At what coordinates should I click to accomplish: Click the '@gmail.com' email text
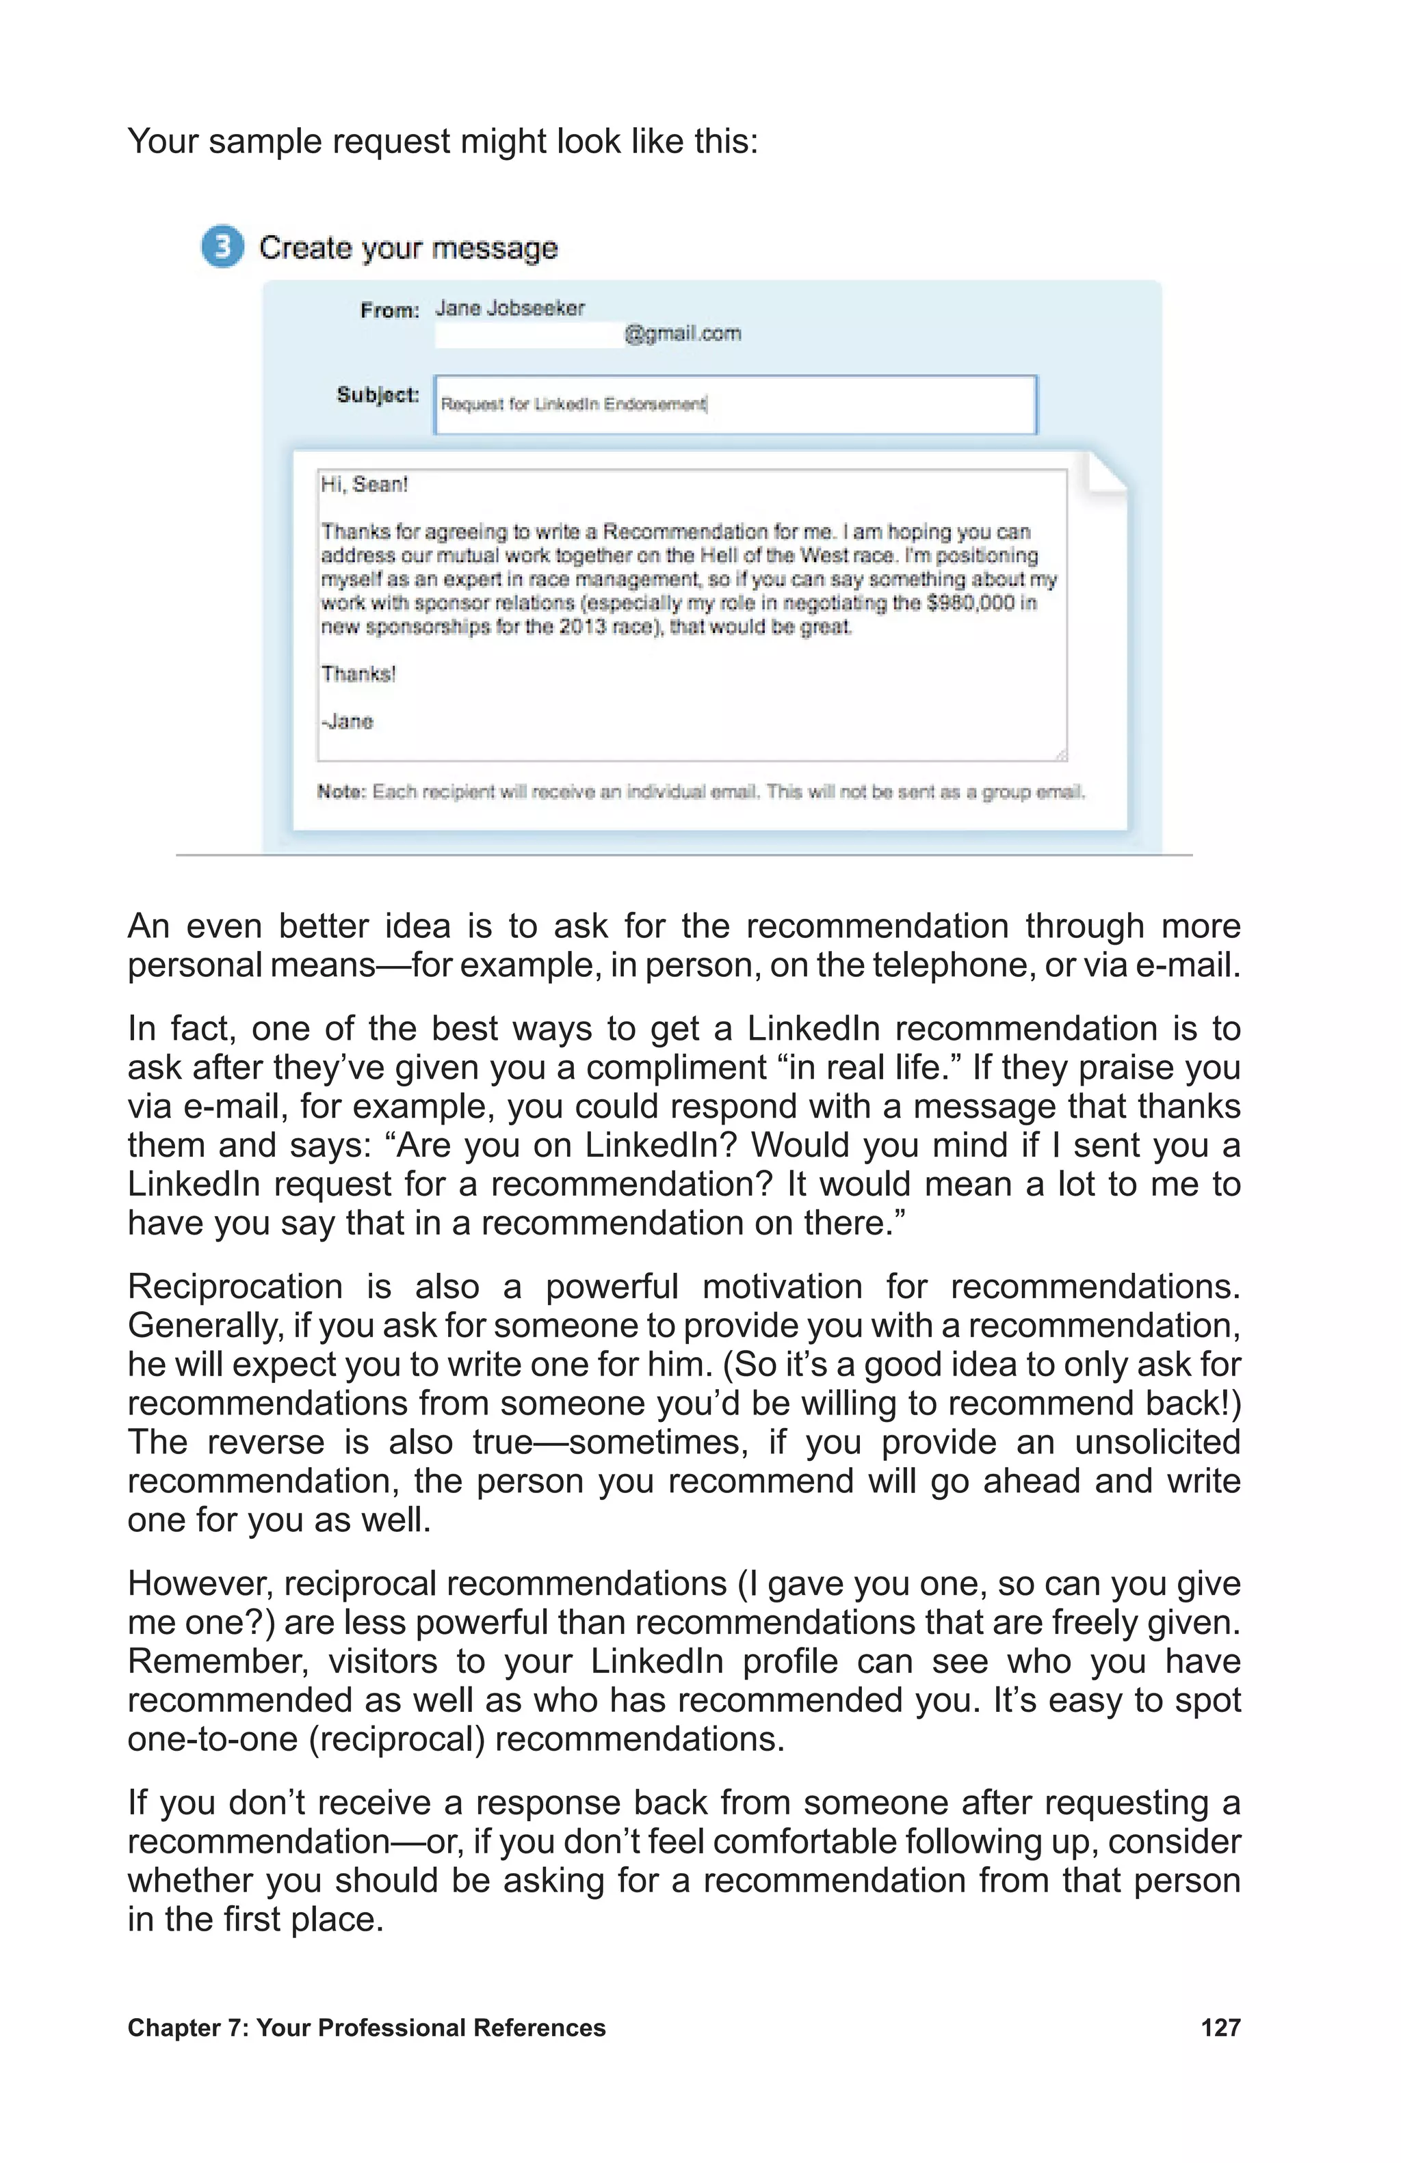682,334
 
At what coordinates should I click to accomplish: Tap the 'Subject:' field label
378,394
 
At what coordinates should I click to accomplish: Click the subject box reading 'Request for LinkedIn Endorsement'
735,405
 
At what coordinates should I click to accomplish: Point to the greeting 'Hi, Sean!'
364,485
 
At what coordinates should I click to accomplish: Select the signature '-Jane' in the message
346,721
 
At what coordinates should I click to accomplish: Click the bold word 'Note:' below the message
341,792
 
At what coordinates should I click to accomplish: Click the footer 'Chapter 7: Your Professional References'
367,2028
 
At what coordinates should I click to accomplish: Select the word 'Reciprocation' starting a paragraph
235,1286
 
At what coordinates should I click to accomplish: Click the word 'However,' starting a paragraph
199,1583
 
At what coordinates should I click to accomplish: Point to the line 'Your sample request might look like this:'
442,142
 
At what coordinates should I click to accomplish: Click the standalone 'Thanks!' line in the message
358,673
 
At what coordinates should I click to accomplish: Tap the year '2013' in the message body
582,626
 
